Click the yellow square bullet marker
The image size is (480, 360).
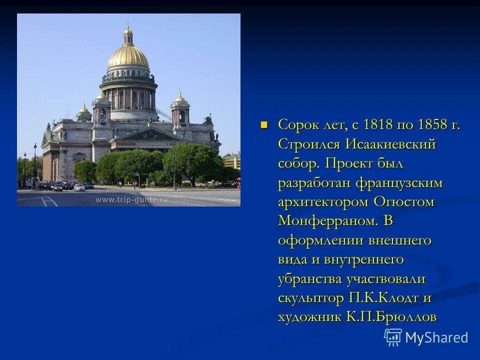tap(265, 124)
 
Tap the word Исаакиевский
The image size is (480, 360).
tap(388, 144)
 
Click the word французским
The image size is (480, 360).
tap(399, 183)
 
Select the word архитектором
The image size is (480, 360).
tap(323, 202)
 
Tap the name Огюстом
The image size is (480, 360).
tap(404, 202)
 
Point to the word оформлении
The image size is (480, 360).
tap(320, 240)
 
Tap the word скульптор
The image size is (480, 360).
tap(309, 298)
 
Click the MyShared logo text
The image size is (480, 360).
tap(436, 337)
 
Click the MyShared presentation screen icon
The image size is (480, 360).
tap(393, 337)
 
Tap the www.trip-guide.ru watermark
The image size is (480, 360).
tap(131, 199)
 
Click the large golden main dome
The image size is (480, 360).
tap(128, 56)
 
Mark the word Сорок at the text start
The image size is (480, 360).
tap(296, 124)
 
